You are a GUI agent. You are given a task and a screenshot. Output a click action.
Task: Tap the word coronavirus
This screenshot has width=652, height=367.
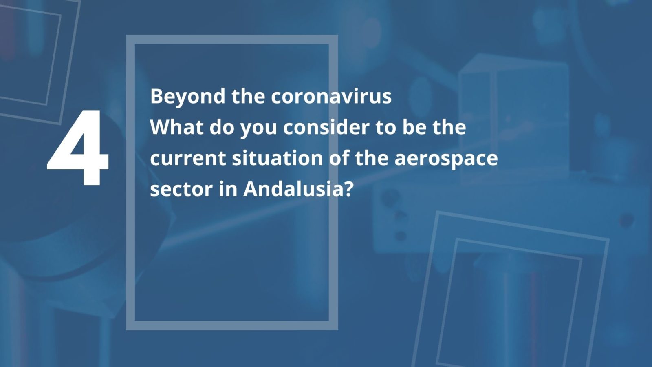(331, 96)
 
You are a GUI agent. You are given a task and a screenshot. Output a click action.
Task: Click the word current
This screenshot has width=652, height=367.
(188, 158)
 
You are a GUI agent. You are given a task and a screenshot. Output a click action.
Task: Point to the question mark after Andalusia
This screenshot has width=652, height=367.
(348, 189)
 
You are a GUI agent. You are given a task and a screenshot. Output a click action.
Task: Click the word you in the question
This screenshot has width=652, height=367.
(258, 129)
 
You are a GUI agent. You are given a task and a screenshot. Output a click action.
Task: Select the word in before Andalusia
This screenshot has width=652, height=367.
(228, 189)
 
